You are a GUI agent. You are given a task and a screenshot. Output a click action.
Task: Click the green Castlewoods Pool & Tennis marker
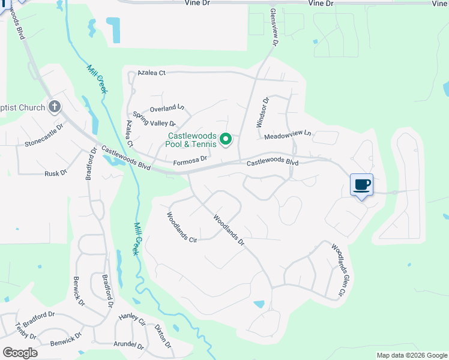(x=226, y=140)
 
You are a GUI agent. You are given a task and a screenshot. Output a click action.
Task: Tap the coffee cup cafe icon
(x=361, y=185)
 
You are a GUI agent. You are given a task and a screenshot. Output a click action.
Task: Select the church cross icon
(x=55, y=107)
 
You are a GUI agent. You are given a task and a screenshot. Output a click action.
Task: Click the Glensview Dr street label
(x=274, y=27)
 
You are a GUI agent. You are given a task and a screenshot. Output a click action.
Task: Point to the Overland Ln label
(x=167, y=109)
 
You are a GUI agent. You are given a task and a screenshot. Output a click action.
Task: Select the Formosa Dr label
(x=190, y=160)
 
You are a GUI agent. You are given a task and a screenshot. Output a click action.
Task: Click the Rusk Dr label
(x=56, y=173)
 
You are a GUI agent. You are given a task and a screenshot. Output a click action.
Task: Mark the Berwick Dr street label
(x=78, y=291)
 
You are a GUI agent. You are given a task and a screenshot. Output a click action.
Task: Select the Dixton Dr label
(x=163, y=337)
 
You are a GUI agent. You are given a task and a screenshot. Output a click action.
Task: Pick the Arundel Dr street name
(x=128, y=346)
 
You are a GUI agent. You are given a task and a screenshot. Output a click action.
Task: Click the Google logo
(x=20, y=352)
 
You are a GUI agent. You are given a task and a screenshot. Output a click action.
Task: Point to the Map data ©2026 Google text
(x=411, y=355)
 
